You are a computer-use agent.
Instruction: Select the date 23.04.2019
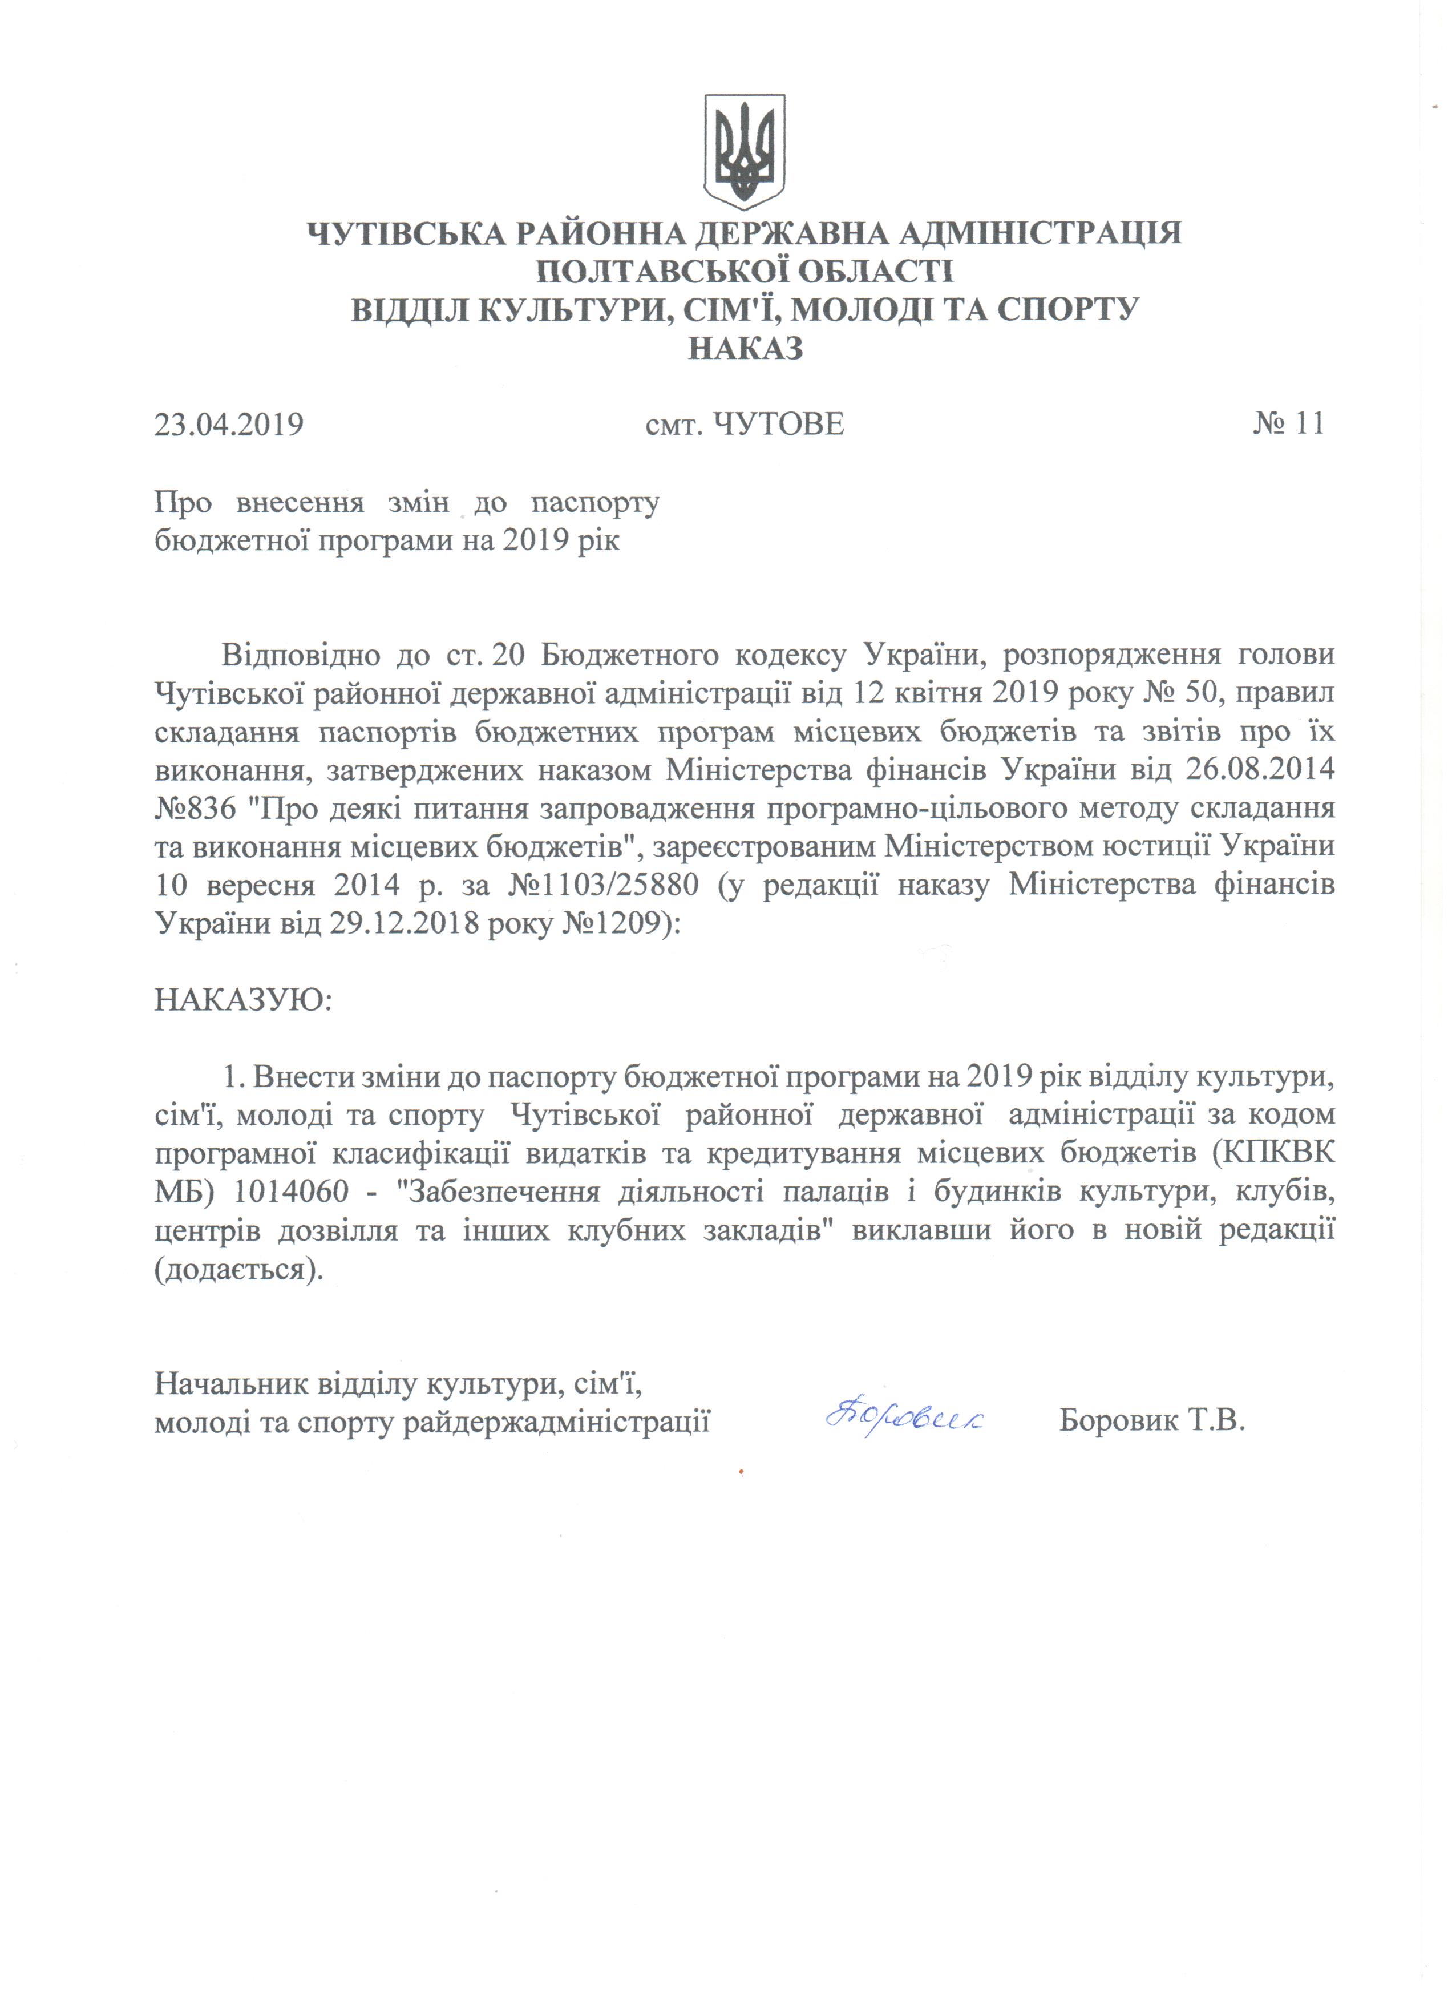[x=229, y=425]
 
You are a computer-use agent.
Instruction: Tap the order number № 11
[x=1288, y=424]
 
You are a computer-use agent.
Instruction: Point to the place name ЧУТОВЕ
[x=778, y=425]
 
